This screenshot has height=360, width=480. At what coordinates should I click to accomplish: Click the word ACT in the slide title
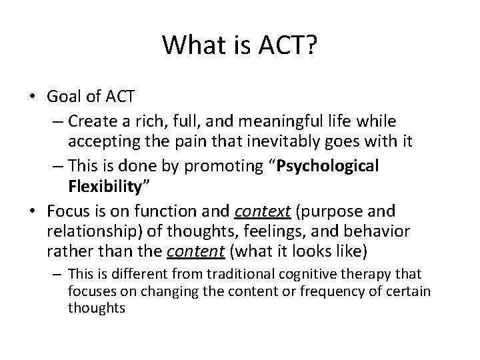click(x=287, y=45)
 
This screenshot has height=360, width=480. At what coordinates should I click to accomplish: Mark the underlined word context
click(x=264, y=211)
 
